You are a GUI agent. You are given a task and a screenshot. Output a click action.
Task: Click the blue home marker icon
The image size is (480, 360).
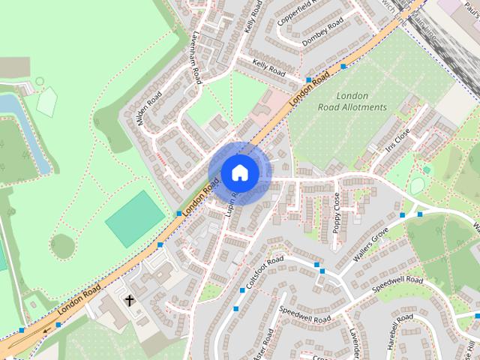pyautogui.click(x=238, y=173)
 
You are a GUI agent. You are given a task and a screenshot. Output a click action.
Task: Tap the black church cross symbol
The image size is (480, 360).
pyautogui.click(x=129, y=301)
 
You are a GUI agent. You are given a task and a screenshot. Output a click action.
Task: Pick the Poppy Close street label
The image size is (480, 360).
pyautogui.click(x=337, y=212)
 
